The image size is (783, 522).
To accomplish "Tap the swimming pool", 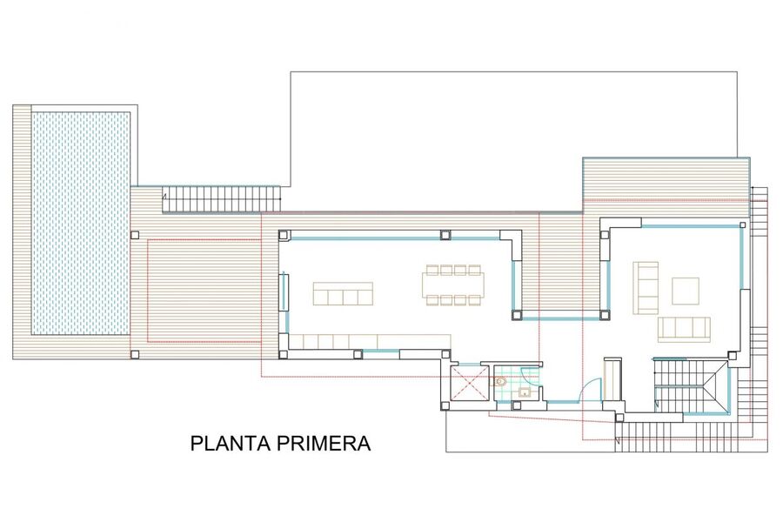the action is tap(81, 223).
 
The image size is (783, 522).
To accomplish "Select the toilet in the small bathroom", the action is tap(501, 382).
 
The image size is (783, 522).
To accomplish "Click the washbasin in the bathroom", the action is tap(525, 392).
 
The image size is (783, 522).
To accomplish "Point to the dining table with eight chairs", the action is tap(453, 284).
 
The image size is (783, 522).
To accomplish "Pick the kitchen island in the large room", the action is tap(343, 293).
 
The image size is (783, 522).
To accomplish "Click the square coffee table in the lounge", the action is tap(686, 291).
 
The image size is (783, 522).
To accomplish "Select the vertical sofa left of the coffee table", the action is tap(646, 288).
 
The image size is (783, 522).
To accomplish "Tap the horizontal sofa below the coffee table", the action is tap(684, 329).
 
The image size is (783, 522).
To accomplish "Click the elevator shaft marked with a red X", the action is tap(469, 383).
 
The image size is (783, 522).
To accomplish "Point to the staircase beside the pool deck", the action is tap(222, 199).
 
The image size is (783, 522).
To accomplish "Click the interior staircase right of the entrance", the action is tap(691, 386).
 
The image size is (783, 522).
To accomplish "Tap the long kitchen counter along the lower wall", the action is tap(371, 342).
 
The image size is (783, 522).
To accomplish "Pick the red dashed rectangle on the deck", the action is tap(204, 291).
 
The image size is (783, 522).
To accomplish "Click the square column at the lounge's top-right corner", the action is tap(743, 225).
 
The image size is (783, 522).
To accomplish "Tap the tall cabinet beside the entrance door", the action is tap(612, 378).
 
